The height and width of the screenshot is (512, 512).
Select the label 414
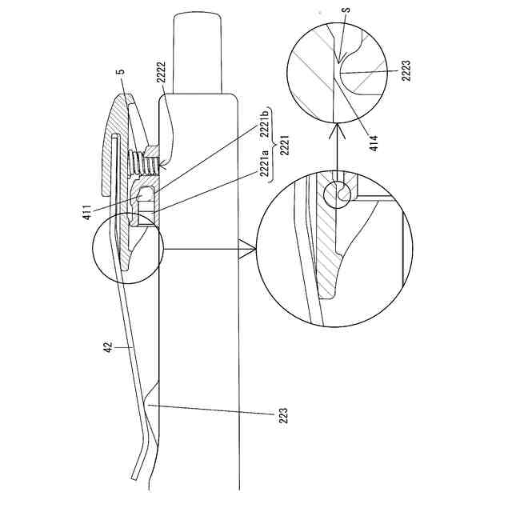tap(374, 141)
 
